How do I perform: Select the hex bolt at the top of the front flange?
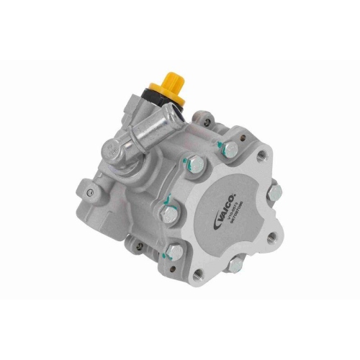(x=230, y=149)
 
